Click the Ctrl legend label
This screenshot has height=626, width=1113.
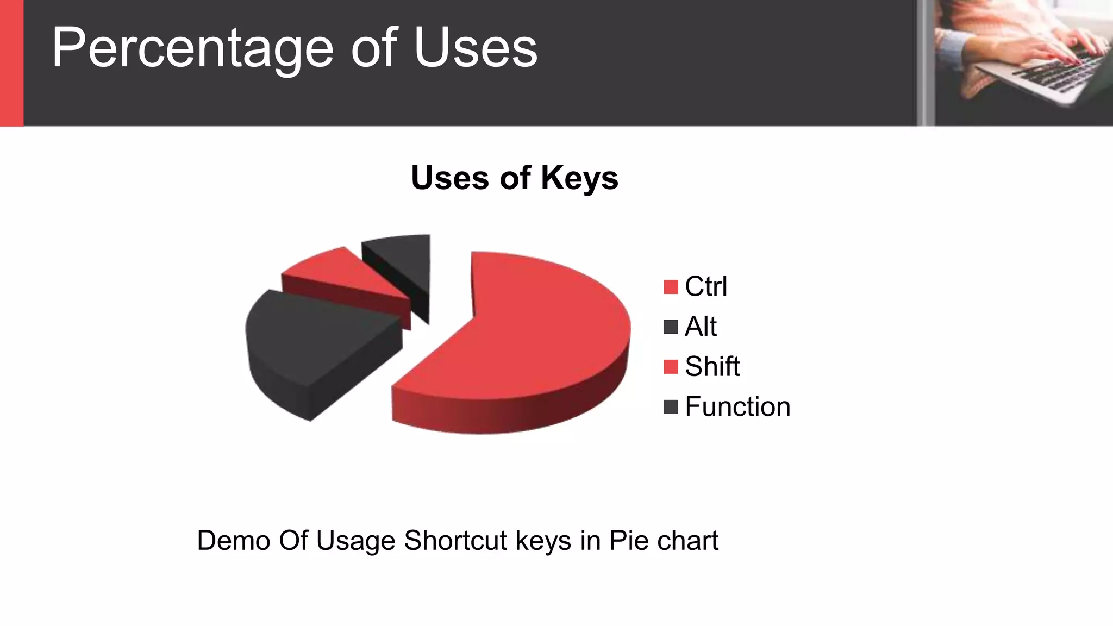pos(705,286)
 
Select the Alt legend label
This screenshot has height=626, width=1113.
pos(701,327)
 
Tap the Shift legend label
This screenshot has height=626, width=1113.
pos(712,366)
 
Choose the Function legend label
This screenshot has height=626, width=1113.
pos(737,406)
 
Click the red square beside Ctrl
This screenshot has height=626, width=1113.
pos(671,287)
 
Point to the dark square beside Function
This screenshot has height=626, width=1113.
pos(671,407)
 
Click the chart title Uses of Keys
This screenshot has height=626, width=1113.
pos(514,178)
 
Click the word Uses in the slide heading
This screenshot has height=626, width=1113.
pos(476,49)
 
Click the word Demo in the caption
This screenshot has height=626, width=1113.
pos(234,541)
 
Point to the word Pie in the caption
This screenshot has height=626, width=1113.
pos(629,541)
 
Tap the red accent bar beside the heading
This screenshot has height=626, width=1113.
pos(11,62)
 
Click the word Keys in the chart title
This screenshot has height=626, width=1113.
pos(579,178)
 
